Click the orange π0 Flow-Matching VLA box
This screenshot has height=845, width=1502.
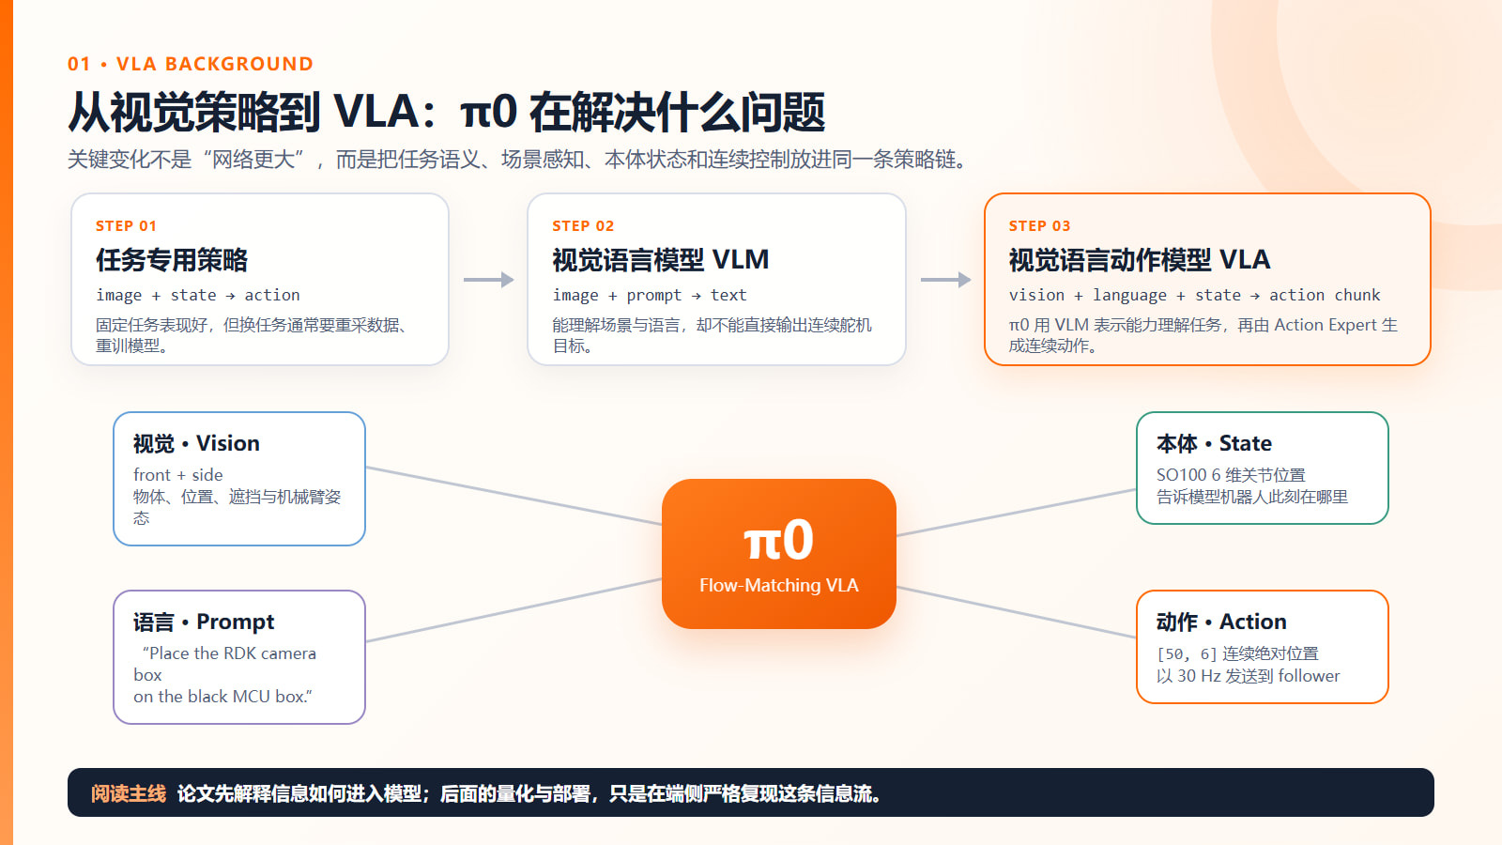(778, 553)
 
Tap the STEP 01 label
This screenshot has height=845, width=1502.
(126, 226)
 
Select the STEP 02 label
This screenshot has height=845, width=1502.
(583, 226)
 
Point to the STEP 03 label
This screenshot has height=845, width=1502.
(1039, 226)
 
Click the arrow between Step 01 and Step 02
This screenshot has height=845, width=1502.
(488, 280)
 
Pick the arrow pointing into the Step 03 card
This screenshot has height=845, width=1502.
(945, 280)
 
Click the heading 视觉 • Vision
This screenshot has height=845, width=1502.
(196, 443)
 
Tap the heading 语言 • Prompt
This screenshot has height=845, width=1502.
(203, 622)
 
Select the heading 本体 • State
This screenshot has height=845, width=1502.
(1214, 443)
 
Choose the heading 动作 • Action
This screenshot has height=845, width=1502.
(1221, 622)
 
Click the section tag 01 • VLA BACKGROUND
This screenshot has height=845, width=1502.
(190, 64)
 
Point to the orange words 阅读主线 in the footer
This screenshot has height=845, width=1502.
(128, 793)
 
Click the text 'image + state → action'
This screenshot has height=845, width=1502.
(198, 295)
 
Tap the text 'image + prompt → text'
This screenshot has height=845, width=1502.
(649, 295)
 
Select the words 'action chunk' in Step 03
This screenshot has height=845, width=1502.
(1325, 295)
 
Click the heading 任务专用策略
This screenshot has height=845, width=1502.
(172, 259)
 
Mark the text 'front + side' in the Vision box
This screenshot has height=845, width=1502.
(177, 475)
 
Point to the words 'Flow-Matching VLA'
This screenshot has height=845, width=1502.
(778, 585)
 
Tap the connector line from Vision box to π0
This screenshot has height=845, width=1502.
(513, 496)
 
